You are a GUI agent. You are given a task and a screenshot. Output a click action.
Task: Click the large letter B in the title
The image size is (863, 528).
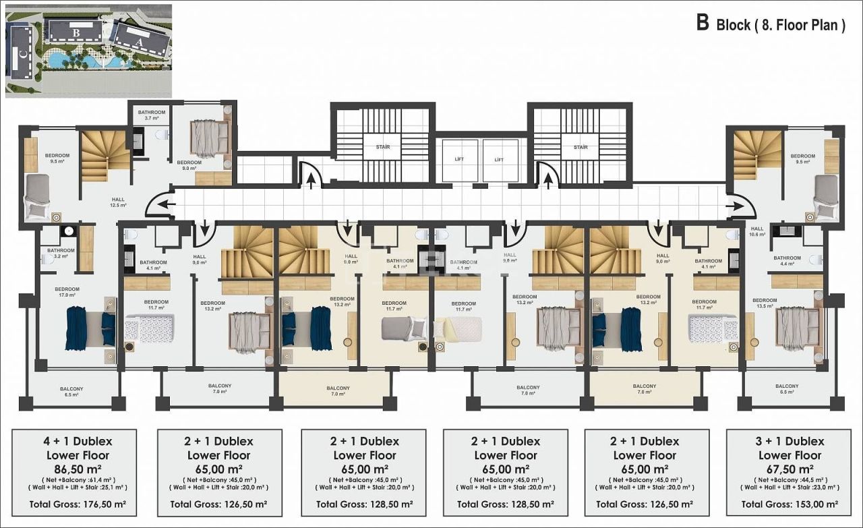point(703,24)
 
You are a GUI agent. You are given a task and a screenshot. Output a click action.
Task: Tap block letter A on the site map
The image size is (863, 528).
point(140,40)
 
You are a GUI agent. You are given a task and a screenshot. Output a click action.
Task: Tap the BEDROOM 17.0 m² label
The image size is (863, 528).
point(67,291)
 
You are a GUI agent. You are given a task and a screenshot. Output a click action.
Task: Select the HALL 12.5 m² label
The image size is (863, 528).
point(118,202)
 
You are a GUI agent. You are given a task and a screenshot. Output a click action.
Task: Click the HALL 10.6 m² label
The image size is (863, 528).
point(757,231)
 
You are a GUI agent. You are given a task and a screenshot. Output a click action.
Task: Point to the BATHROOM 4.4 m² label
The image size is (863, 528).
point(787,261)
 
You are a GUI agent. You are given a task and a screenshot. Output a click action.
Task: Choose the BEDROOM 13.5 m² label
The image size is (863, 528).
point(764,303)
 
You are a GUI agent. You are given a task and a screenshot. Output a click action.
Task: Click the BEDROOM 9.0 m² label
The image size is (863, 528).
point(189,165)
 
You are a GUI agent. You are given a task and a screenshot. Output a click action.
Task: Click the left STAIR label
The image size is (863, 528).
point(383,147)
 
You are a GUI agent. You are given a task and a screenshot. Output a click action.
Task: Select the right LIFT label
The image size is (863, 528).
point(499,160)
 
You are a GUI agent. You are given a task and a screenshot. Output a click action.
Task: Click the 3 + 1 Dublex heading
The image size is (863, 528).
point(790,442)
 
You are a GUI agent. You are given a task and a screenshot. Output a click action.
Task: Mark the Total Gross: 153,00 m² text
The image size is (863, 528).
point(790,504)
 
